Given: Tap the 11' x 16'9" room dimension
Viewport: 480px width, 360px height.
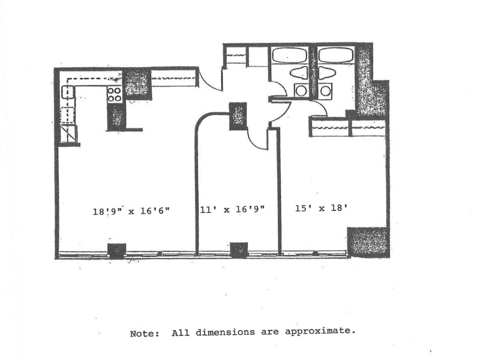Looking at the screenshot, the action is coord(232,209).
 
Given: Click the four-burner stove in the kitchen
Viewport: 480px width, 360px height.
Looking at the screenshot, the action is coord(114,94).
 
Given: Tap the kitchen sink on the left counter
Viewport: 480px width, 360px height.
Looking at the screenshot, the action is coord(67,92).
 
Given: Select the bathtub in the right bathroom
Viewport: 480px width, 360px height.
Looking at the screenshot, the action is coord(334,55).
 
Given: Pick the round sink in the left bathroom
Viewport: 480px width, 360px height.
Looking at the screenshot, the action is coord(300,91).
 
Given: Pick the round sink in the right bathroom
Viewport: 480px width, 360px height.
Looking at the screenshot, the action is coord(325,91).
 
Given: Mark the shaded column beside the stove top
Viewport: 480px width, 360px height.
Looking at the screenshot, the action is coord(137,82).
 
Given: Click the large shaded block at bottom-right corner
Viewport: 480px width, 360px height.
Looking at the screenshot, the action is coord(368,242).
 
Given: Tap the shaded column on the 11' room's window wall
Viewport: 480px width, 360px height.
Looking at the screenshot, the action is coord(239,248).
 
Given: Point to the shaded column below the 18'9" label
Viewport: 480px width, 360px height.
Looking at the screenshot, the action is coord(116,250).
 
